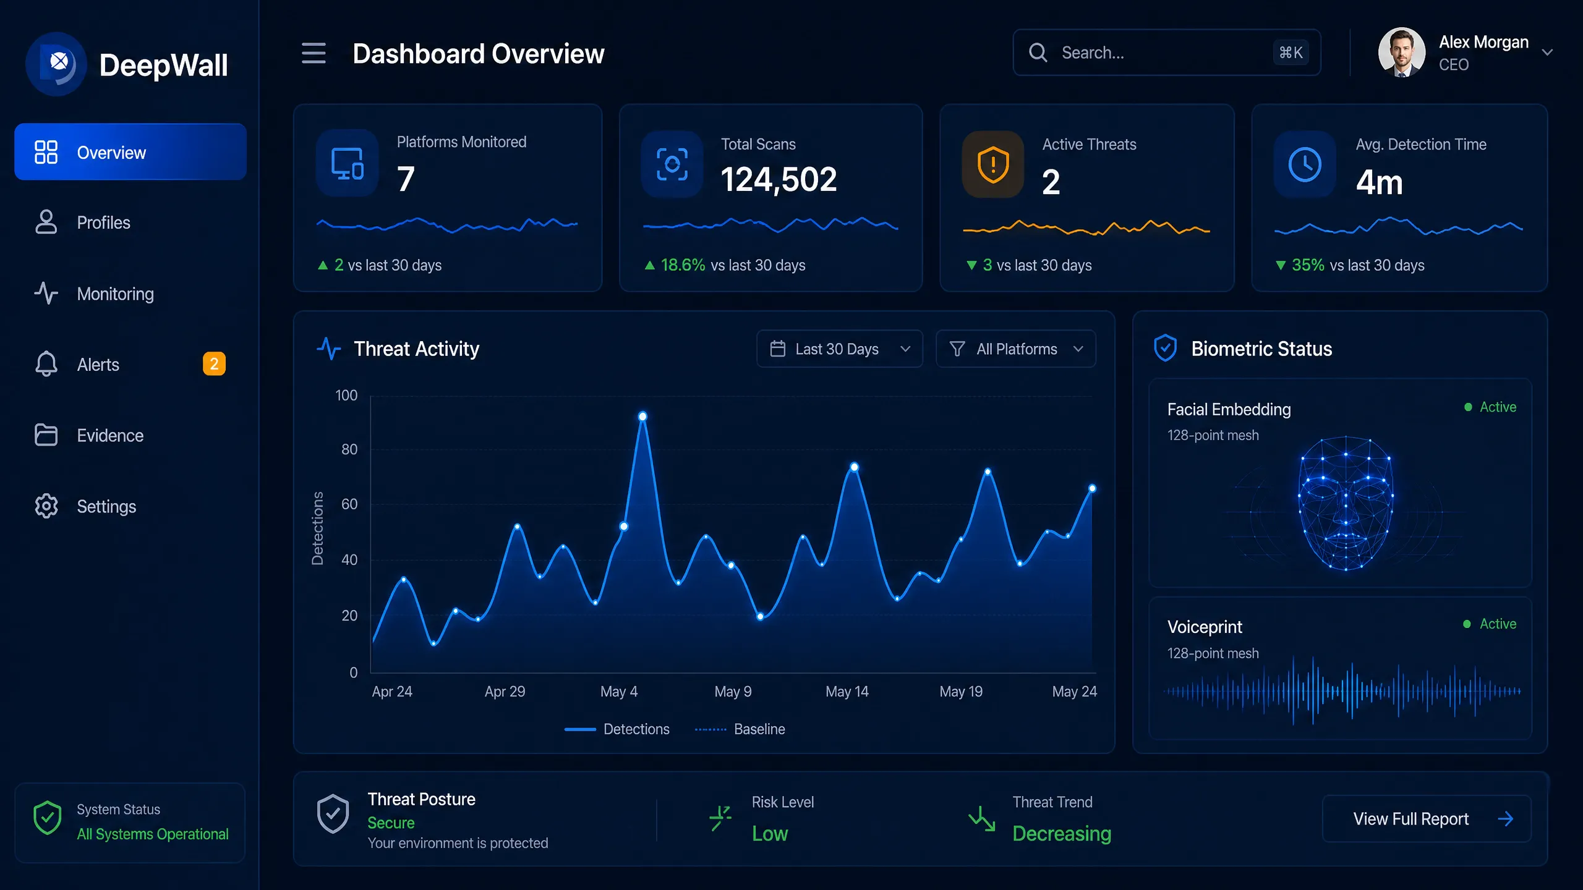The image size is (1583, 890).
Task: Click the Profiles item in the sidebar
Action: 103,222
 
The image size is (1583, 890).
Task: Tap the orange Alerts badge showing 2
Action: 214,364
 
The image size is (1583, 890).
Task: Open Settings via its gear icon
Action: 46,506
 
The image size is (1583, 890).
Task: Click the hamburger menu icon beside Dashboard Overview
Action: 314,53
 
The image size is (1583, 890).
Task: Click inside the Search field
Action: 1166,53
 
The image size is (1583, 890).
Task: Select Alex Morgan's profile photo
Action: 1402,53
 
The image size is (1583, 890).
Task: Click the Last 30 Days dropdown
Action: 840,349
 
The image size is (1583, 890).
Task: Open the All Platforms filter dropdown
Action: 1016,349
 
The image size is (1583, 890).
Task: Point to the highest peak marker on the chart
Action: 642,417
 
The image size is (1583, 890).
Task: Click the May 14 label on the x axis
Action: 847,692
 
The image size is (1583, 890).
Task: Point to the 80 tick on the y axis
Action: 349,449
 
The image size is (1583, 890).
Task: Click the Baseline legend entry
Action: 740,729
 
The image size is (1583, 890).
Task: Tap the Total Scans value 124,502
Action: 779,180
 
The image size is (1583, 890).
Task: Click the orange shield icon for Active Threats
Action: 993,164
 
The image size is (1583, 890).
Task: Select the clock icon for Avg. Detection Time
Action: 1305,164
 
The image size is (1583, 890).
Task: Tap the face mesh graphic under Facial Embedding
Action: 1346,504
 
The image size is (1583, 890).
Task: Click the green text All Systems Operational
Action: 153,834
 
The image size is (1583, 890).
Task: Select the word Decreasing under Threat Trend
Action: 1062,834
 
